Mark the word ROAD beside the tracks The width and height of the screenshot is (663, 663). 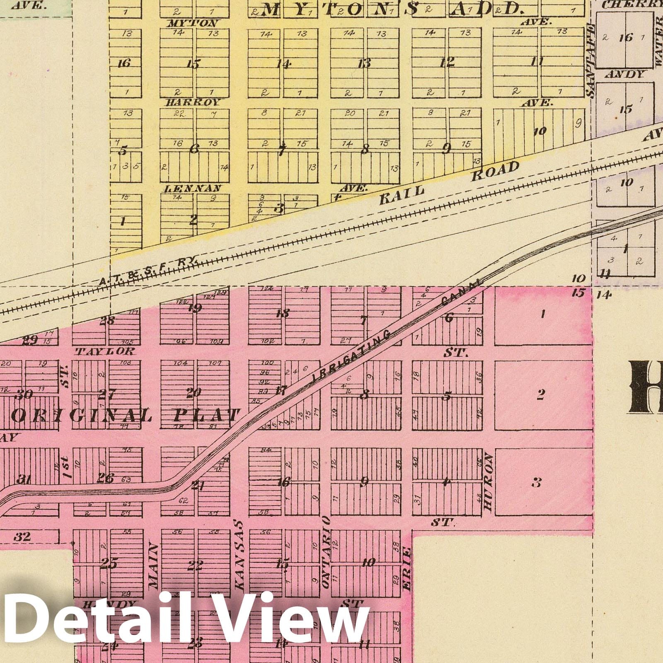click(495, 171)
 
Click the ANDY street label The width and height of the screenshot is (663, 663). click(625, 75)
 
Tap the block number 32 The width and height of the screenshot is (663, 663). click(22, 537)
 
